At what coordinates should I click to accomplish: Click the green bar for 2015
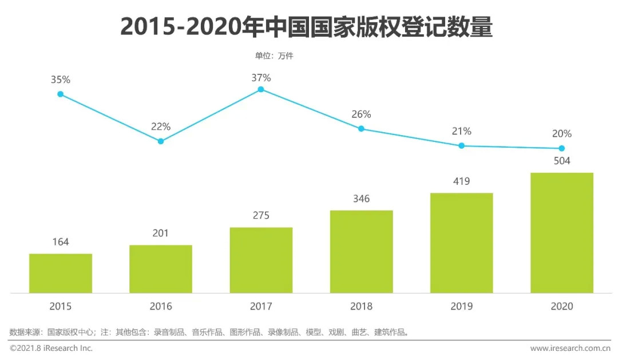click(x=61, y=273)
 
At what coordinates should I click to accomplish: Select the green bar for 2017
click(x=261, y=260)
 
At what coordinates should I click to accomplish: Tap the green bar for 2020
click(x=561, y=232)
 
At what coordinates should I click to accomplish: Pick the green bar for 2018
click(x=361, y=251)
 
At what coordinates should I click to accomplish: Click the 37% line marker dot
click(x=261, y=89)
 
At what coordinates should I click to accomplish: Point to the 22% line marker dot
click(x=161, y=141)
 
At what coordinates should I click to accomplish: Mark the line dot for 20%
click(x=561, y=148)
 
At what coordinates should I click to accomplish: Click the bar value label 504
click(x=561, y=161)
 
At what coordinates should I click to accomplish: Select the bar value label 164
click(x=60, y=242)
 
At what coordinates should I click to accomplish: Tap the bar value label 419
click(x=461, y=181)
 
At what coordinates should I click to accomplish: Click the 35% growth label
click(x=60, y=80)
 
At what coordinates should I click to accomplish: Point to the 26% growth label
click(x=361, y=114)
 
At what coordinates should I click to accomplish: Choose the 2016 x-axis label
click(x=161, y=306)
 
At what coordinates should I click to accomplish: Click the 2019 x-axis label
click(x=461, y=306)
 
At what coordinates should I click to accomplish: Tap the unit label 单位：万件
click(x=274, y=56)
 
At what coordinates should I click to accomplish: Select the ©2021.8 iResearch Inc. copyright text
click(x=51, y=348)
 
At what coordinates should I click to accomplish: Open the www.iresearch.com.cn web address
click(x=570, y=348)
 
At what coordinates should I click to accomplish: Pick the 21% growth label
click(x=461, y=131)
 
